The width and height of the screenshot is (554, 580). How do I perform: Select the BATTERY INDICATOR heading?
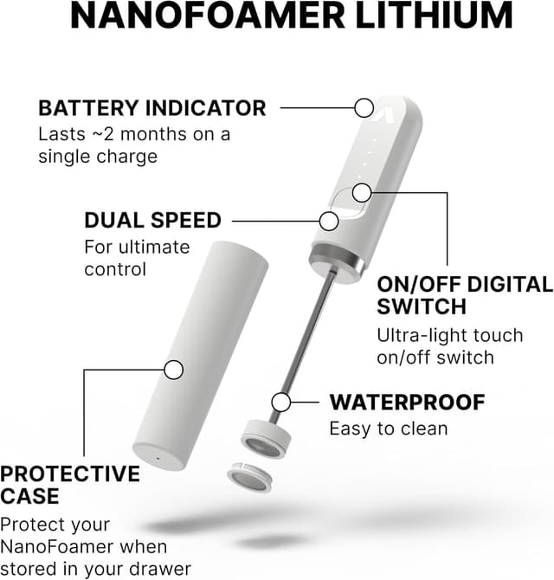[151, 108]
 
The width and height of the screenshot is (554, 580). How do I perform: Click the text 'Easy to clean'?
[389, 429]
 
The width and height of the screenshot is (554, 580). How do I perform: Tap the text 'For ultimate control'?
[136, 258]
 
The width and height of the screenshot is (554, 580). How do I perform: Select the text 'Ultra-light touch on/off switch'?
[449, 346]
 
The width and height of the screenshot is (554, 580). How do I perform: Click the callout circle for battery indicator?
[363, 108]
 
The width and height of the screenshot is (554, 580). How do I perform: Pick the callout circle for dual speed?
[329, 220]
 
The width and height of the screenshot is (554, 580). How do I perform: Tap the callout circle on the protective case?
[174, 370]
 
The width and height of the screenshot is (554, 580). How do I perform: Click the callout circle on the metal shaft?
[280, 402]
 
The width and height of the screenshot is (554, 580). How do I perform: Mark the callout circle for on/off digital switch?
[363, 191]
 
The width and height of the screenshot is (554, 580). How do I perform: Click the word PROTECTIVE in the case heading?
[70, 474]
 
